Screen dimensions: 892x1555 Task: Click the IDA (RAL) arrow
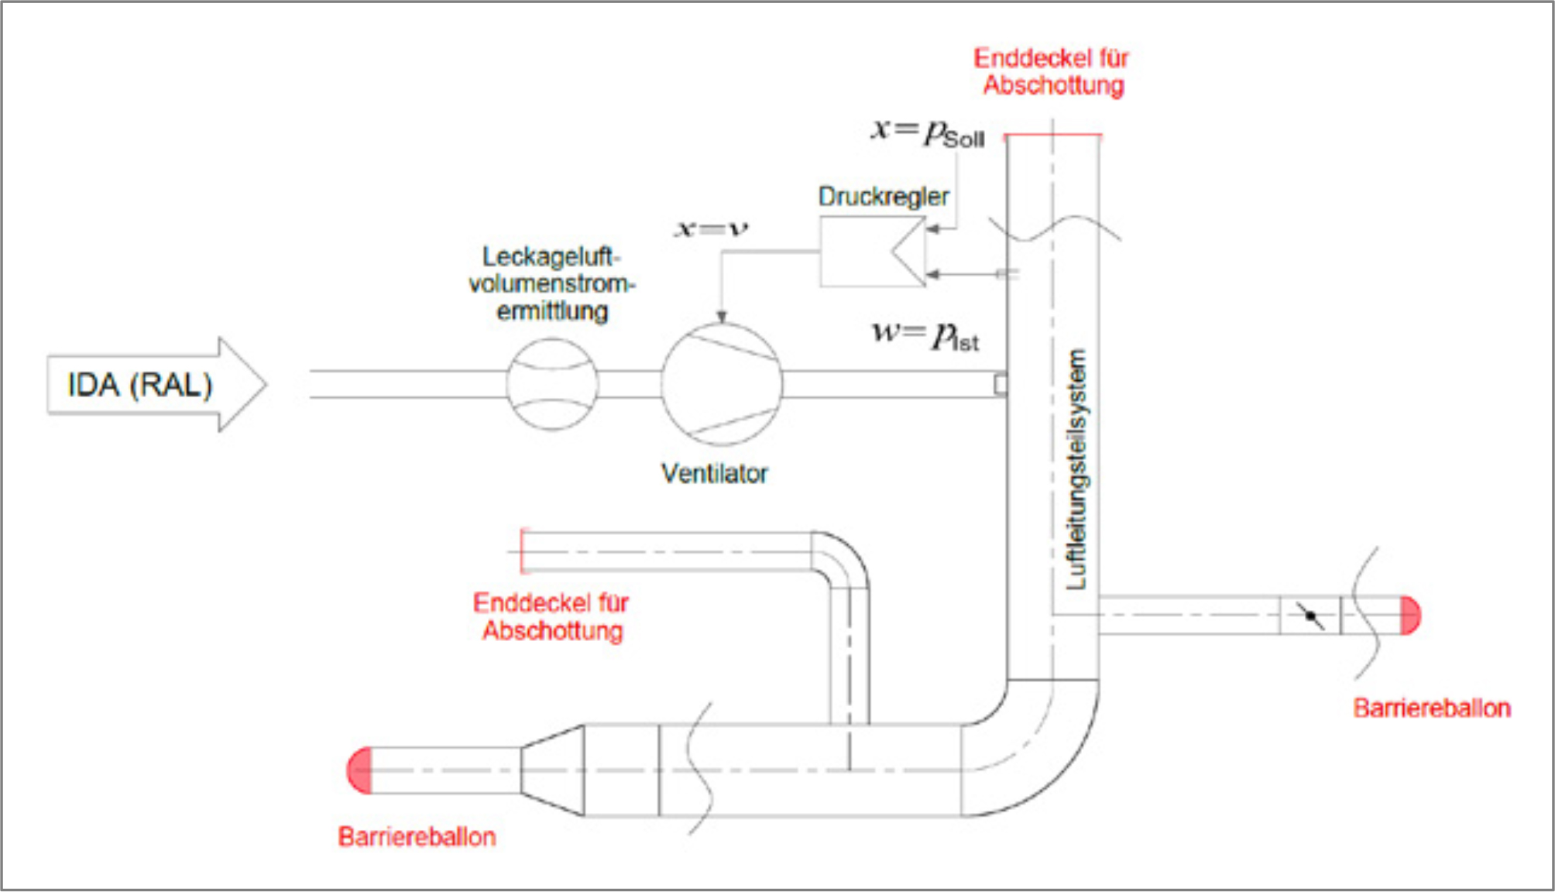(x=155, y=385)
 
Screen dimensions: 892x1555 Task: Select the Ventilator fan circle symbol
(x=722, y=384)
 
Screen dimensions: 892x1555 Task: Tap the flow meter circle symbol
(x=552, y=384)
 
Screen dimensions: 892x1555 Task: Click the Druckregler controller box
(x=872, y=252)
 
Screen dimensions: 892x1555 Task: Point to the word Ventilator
(x=714, y=473)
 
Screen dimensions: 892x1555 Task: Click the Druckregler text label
(x=883, y=197)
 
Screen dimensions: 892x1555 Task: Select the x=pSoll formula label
(x=927, y=132)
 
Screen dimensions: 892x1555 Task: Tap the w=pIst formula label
(x=925, y=335)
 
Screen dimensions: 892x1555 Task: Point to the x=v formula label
(x=712, y=228)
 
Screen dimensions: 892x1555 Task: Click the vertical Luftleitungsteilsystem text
(x=1076, y=469)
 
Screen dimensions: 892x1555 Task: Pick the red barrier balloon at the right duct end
(x=1411, y=616)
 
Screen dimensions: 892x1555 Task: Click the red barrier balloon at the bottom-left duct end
(x=360, y=770)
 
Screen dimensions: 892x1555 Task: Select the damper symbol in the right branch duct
(x=1310, y=616)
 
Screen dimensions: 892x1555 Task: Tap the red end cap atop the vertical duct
(x=1052, y=136)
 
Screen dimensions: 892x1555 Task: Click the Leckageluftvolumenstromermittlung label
(x=551, y=283)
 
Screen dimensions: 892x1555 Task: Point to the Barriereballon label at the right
(x=1431, y=708)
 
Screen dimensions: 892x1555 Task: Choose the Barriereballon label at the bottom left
(x=417, y=836)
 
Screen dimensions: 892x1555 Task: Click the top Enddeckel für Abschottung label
(x=1052, y=71)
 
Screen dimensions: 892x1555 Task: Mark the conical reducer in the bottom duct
(x=552, y=770)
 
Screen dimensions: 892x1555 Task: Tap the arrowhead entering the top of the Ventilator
(x=722, y=317)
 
